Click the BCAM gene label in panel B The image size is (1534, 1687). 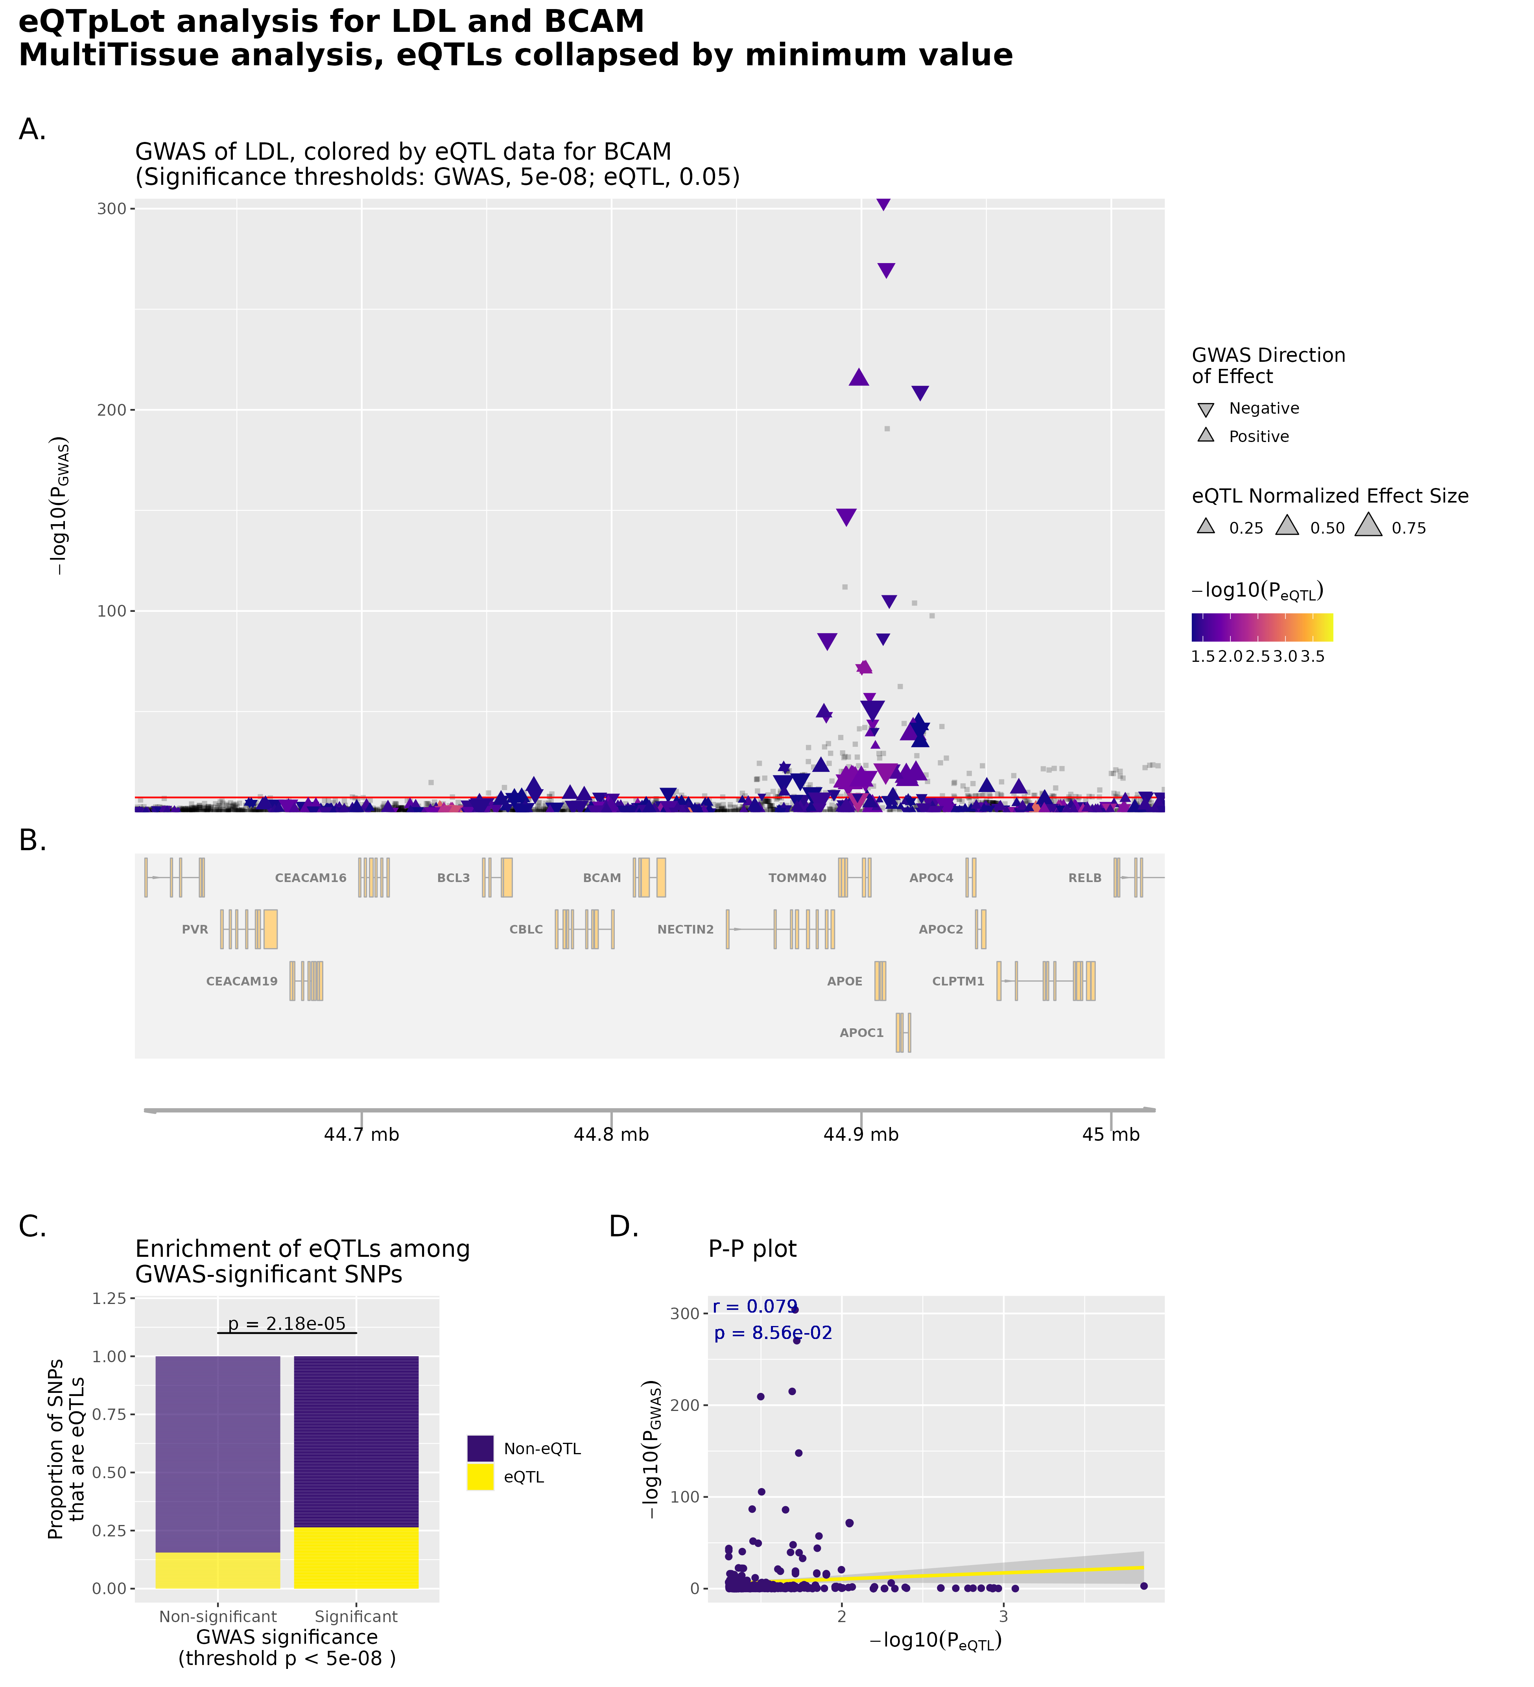(602, 878)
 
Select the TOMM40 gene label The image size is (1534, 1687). (797, 878)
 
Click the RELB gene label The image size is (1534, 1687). (1084, 878)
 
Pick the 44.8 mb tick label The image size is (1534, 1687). (611, 1135)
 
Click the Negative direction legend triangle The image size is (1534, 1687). (1205, 410)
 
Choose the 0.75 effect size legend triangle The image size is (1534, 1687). (1368, 525)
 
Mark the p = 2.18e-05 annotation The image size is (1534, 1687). (287, 1324)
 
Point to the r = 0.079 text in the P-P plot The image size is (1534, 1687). (755, 1306)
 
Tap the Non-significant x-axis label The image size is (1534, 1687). (218, 1617)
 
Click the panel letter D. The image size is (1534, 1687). (623, 1227)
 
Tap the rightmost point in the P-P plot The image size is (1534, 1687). (1144, 1586)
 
